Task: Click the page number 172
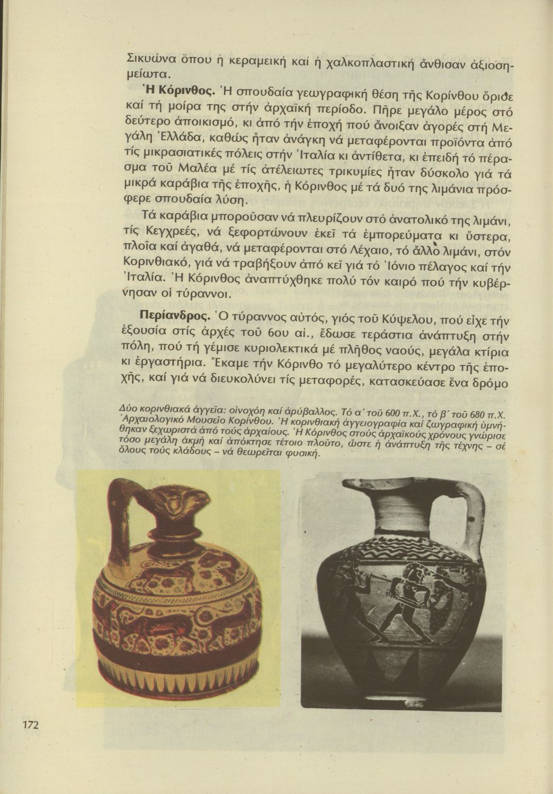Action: [31, 725]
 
